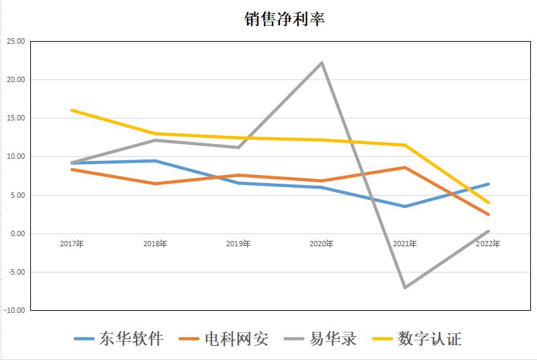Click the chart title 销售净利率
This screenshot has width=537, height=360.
[284, 20]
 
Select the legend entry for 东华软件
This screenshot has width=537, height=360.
[119, 338]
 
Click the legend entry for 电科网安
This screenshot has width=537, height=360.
[225, 338]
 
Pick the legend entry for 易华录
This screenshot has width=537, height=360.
[320, 338]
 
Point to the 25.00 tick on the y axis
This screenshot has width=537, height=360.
[15, 41]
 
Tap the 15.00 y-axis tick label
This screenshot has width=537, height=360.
[15, 118]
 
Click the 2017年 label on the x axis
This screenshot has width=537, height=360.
[71, 244]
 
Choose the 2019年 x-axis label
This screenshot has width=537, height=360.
[238, 244]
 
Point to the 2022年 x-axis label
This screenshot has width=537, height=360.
[488, 244]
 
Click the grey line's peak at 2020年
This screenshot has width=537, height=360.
[322, 63]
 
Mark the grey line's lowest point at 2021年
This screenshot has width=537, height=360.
[405, 287]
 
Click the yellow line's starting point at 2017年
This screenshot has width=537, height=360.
[71, 110]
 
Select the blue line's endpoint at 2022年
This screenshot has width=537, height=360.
[489, 184]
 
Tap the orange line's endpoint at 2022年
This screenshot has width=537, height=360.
[489, 215]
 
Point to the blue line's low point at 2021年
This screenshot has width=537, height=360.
[405, 207]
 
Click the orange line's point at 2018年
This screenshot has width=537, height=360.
[155, 184]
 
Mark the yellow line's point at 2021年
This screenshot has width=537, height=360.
[405, 145]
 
